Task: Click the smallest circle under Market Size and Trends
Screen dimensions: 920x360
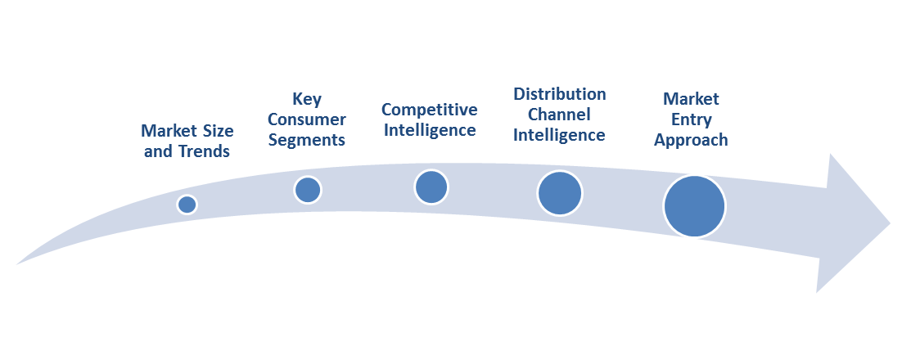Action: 187,205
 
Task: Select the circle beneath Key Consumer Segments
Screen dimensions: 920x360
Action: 308,190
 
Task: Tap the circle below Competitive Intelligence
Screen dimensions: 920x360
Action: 431,187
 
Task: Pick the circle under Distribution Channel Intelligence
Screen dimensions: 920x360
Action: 560,193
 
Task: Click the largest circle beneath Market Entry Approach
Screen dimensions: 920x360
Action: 694,206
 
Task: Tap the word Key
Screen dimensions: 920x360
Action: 307,99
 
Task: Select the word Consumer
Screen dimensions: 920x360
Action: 307,120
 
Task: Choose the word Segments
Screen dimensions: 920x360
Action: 307,141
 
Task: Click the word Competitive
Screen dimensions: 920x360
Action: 430,110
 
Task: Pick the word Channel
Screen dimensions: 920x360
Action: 559,115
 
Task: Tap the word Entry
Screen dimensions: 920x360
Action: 691,120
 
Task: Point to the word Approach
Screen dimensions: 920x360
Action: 691,141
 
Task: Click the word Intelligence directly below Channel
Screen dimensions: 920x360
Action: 559,136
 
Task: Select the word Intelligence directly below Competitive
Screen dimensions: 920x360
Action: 430,130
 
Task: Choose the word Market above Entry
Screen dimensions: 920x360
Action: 691,99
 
